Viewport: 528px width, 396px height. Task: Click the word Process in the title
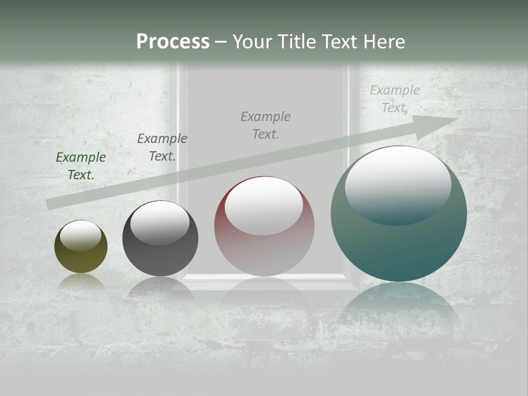pyautogui.click(x=173, y=42)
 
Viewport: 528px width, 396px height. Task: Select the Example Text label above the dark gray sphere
pyautogui.click(x=162, y=147)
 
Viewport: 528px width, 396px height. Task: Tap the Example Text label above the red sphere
pyautogui.click(x=266, y=125)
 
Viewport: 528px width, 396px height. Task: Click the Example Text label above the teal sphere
pyautogui.click(x=395, y=99)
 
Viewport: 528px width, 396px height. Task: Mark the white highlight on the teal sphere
pyautogui.click(x=398, y=184)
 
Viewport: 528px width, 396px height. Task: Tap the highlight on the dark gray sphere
pyautogui.click(x=160, y=223)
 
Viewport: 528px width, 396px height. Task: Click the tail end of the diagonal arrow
pyautogui.click(x=51, y=204)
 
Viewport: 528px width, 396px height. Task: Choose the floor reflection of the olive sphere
pyautogui.click(x=81, y=282)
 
